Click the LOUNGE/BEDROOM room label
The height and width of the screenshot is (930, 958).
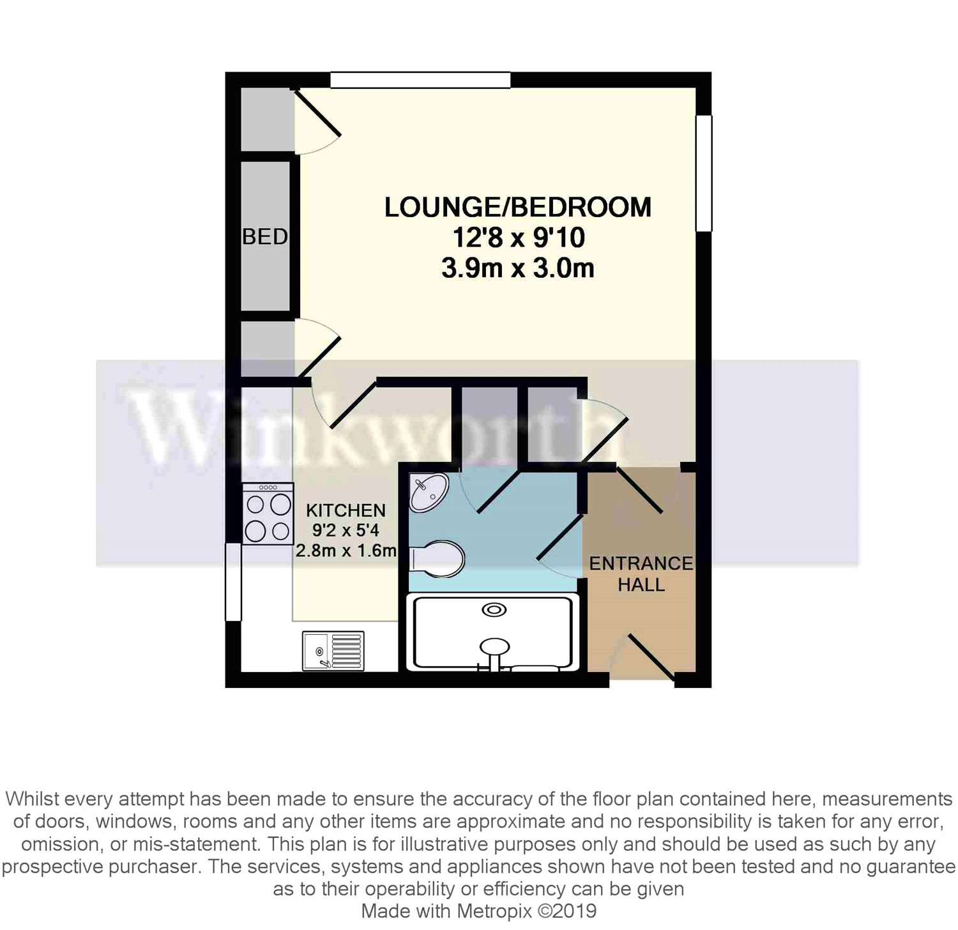(x=517, y=208)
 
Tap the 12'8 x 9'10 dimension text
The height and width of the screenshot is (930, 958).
(x=518, y=238)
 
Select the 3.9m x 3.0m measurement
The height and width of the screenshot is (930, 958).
(x=517, y=268)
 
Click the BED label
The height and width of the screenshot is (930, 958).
(x=264, y=237)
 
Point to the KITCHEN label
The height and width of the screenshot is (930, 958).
(x=346, y=510)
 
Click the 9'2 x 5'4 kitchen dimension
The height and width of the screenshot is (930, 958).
(x=346, y=530)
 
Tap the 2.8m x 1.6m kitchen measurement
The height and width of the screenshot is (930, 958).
(x=346, y=550)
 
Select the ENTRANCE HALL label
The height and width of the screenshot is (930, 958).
(x=641, y=574)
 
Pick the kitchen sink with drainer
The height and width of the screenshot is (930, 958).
(x=333, y=651)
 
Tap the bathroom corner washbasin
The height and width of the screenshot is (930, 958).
(x=428, y=492)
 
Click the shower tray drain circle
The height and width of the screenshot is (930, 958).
(x=494, y=610)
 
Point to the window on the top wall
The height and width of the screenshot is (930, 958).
(x=420, y=80)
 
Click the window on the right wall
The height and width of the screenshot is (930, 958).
(x=704, y=172)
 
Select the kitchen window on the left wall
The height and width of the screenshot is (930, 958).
(x=233, y=581)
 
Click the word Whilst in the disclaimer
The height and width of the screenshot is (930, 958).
(x=33, y=799)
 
